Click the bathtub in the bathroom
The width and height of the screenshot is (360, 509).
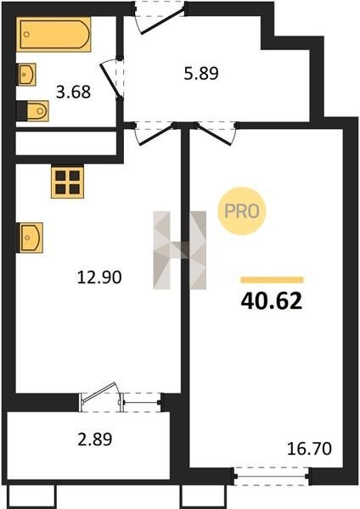[x=54, y=34]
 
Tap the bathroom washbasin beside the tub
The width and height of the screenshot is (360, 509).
[x=26, y=75]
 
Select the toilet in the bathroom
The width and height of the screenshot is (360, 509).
[x=32, y=111]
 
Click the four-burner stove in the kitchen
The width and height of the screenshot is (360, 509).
[x=68, y=182]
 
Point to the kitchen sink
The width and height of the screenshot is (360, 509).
[x=31, y=238]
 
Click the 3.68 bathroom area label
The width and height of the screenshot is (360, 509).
[x=73, y=92]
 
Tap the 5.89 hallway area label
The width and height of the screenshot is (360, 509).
[x=201, y=73]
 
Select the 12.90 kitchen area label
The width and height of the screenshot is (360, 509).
[x=99, y=277]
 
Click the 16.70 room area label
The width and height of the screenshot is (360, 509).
[x=309, y=449]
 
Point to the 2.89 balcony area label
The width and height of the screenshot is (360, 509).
[x=95, y=439]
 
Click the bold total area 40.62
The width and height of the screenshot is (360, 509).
[x=272, y=301]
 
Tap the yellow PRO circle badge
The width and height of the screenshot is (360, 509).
[x=242, y=211]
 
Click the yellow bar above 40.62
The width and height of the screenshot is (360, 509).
[x=272, y=280]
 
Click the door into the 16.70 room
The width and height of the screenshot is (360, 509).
[x=216, y=133]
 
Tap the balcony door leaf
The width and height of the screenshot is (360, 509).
[x=99, y=393]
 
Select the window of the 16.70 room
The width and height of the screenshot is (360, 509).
[x=272, y=476]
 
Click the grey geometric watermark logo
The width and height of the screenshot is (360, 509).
[x=180, y=250]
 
